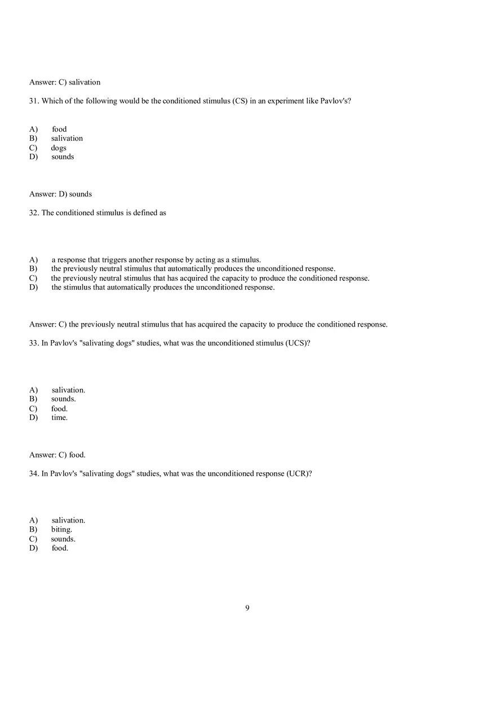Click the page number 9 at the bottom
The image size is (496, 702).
(247, 607)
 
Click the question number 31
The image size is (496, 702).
(34, 101)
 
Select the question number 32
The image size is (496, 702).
(34, 213)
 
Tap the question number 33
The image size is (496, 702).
(34, 343)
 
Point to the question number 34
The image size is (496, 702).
(34, 473)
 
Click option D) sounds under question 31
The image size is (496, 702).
(63, 157)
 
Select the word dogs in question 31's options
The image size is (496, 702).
(59, 147)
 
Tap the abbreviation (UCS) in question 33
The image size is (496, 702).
(298, 343)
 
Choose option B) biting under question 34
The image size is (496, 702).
(61, 529)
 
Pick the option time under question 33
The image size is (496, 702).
(59, 418)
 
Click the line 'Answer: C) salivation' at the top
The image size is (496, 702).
(65, 82)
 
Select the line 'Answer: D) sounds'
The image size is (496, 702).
(60, 194)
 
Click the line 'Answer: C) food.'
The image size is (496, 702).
(57, 455)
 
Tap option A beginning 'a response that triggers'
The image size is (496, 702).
(156, 260)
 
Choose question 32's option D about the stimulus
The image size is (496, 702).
(163, 287)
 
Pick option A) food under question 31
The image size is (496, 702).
(59, 129)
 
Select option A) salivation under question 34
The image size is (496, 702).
(68, 520)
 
